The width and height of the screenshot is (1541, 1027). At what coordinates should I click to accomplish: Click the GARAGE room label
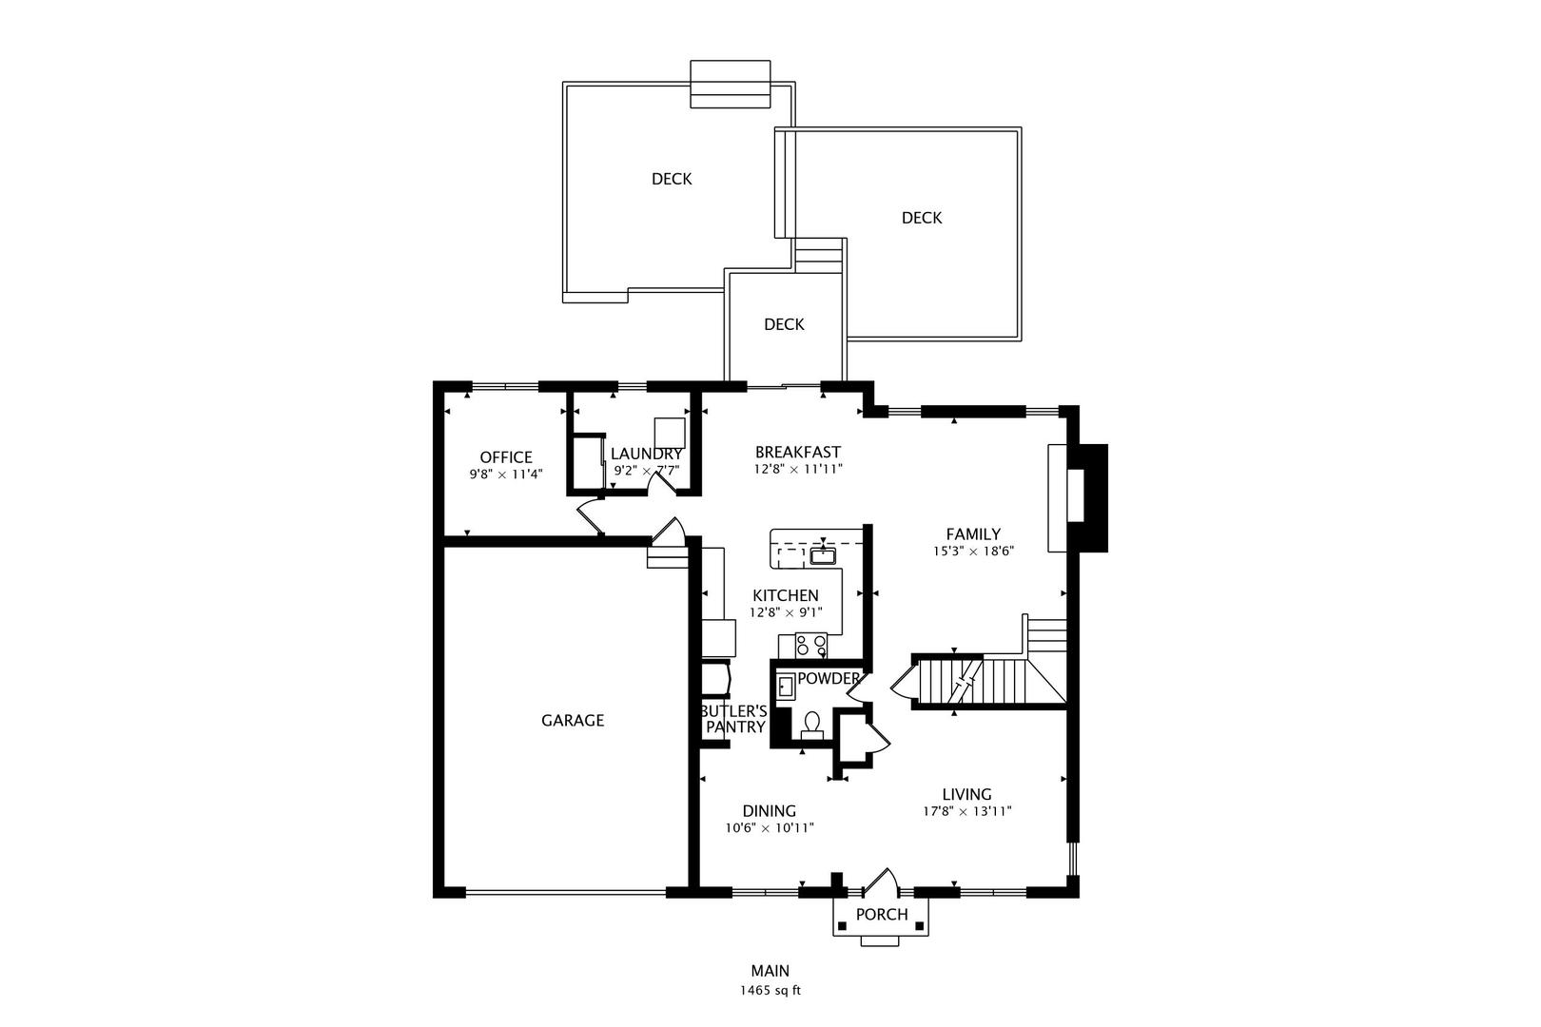(573, 721)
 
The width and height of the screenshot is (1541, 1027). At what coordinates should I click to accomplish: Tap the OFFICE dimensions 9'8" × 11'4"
(506, 474)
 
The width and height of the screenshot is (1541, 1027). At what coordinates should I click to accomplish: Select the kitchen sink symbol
(822, 555)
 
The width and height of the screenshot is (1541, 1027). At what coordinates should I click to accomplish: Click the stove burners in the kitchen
(811, 646)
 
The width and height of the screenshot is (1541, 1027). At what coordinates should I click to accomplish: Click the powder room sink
(786, 686)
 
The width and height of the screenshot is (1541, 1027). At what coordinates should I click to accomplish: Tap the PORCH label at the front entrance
(882, 915)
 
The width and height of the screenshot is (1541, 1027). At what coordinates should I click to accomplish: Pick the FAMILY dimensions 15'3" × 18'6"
(973, 551)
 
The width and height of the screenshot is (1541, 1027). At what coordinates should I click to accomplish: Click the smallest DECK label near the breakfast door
(784, 324)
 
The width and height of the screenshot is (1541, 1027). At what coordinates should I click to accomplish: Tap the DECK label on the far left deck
(672, 179)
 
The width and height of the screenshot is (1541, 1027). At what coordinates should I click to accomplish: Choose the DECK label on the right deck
(922, 218)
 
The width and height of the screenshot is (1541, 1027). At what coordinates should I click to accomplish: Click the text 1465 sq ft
(770, 990)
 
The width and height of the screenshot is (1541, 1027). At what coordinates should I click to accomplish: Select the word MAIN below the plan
(770, 971)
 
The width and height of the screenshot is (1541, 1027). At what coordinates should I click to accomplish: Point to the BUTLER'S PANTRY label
(733, 719)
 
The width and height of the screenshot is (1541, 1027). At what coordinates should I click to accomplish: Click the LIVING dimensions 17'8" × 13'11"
(966, 812)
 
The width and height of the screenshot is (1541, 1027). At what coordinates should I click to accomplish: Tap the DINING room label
(770, 811)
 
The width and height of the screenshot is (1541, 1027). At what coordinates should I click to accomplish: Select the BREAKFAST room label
(798, 453)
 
